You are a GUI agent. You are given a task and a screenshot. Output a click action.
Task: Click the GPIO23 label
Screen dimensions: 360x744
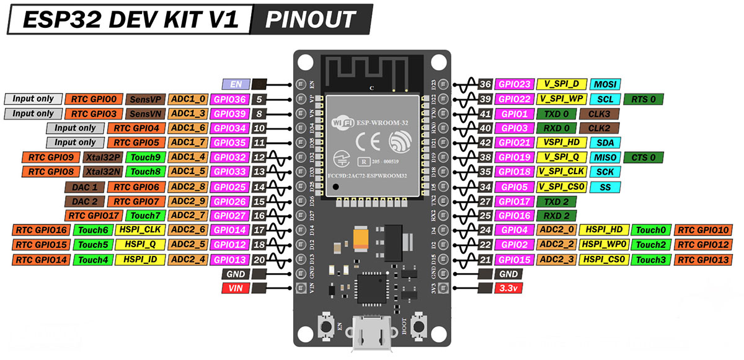click(514, 84)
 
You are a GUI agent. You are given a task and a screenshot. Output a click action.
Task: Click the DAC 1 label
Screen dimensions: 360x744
click(84, 187)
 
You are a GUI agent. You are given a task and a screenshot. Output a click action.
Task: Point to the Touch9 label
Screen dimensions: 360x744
click(145, 157)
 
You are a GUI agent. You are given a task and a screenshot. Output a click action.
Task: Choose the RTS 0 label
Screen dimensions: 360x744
click(644, 99)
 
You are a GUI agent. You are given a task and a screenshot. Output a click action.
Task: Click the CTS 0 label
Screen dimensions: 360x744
click(644, 157)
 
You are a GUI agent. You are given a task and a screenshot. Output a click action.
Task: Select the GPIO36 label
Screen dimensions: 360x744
click(229, 99)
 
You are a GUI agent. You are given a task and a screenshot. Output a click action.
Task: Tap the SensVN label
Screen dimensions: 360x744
click(145, 113)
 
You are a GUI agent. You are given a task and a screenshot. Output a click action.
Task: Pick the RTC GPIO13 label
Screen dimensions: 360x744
click(703, 259)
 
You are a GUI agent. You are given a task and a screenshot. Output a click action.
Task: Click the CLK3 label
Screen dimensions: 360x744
click(598, 114)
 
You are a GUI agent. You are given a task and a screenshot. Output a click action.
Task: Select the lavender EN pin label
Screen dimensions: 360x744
click(236, 84)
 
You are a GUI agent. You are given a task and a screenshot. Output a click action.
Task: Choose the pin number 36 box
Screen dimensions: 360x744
click(485, 84)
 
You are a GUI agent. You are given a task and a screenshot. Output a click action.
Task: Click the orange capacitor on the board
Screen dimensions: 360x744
click(361, 240)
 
